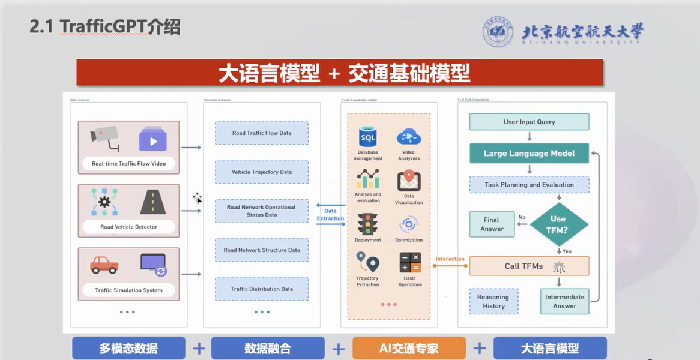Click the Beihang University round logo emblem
coord(498,32)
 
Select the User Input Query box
coord(529,122)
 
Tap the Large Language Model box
coord(529,154)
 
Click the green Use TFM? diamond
coord(558,224)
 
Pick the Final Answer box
coord(492,224)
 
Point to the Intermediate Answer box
coord(564,301)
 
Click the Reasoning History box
coord(493,301)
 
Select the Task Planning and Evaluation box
coord(529,185)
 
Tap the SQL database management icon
coord(367,137)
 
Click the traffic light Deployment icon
coord(367,224)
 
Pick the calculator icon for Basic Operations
coord(410,263)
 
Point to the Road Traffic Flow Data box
coord(262,133)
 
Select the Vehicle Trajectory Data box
coord(262,172)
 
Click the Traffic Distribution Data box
coord(262,289)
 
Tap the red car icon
coord(104,264)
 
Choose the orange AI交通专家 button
coord(409,348)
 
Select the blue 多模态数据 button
coord(128,348)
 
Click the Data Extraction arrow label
coord(330,215)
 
